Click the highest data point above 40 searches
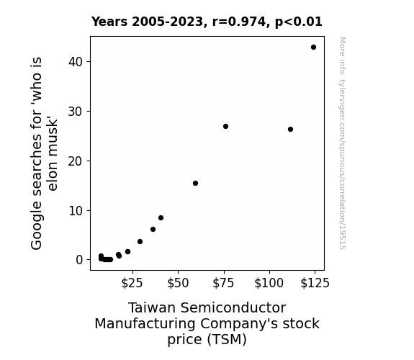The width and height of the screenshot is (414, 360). tap(313, 48)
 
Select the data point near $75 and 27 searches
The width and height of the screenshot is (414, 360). tap(225, 127)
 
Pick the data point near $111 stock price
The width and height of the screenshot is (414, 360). tap(290, 129)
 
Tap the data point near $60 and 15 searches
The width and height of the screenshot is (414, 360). tap(195, 184)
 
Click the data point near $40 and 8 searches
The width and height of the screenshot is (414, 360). tap(161, 218)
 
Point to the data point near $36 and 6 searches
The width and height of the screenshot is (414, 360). tap(153, 229)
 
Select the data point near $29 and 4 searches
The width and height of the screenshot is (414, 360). tap(140, 242)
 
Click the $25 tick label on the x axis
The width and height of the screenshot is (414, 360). tap(132, 283)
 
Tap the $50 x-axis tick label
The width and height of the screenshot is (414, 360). tap(178, 283)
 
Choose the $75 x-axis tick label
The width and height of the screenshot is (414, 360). tap(224, 283)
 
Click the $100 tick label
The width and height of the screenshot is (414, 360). tap(269, 283)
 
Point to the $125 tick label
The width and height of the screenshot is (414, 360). tap(315, 283)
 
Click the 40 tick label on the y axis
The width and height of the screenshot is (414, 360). tap(76, 62)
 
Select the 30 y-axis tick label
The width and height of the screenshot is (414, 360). tap(76, 112)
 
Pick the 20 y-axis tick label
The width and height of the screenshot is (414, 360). tap(76, 161)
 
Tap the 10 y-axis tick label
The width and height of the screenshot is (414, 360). tap(76, 211)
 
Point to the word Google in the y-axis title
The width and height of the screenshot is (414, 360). tap(36, 225)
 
